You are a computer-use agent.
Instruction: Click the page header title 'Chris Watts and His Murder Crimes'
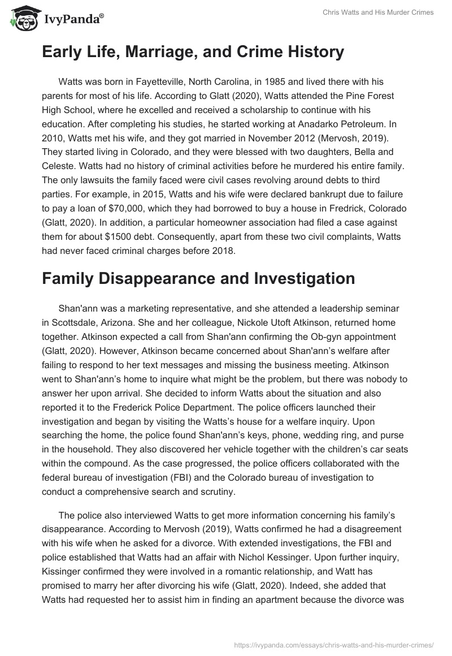pyautogui.click(x=377, y=12)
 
